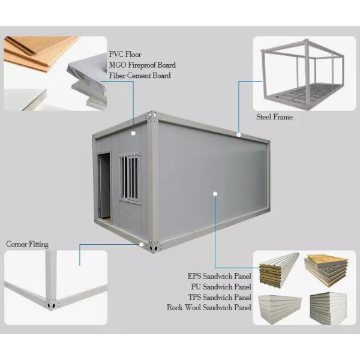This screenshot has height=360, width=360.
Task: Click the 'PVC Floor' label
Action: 125,55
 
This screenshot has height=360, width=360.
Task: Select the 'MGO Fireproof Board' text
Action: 142,65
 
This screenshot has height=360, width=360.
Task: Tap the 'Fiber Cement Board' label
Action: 140,76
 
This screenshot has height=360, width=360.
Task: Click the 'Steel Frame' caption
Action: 274,117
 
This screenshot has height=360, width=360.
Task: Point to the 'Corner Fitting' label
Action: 27,244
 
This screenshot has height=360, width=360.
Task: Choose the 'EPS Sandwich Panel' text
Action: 218,277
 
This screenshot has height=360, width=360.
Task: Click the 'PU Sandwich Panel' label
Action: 219,287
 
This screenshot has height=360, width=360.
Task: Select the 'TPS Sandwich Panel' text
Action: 218,297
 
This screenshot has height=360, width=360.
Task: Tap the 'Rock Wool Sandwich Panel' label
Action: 209,307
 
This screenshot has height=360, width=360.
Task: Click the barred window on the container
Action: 130,177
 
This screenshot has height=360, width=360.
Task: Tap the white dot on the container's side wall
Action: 214,193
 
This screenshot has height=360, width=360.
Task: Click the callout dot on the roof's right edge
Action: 239,134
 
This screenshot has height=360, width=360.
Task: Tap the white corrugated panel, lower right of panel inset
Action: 327,308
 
